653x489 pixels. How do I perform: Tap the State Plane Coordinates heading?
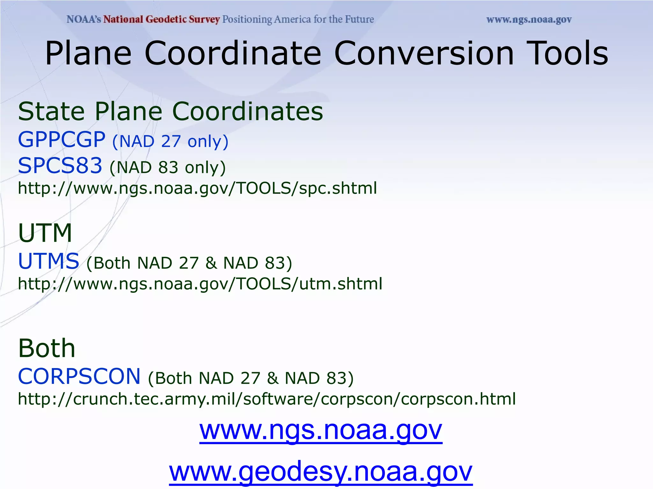pos(171,111)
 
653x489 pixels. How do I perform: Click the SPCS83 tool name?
pos(60,166)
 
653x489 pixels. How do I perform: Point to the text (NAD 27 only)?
pos(170,141)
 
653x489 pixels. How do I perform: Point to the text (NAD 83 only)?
pos(167,167)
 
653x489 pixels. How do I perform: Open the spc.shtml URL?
pos(197,188)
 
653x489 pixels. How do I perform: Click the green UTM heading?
pos(45,233)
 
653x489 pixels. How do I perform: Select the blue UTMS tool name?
pos(48,261)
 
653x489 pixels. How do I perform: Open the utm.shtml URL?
pos(200,283)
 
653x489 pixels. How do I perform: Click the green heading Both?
pos(47,348)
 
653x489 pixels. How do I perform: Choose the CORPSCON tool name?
pos(79,376)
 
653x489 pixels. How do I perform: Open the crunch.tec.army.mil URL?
pos(267,399)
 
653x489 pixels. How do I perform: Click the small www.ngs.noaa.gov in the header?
pos(529,20)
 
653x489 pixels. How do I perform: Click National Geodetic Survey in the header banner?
pos(162,19)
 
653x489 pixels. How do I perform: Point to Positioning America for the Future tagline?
pos(298,19)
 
